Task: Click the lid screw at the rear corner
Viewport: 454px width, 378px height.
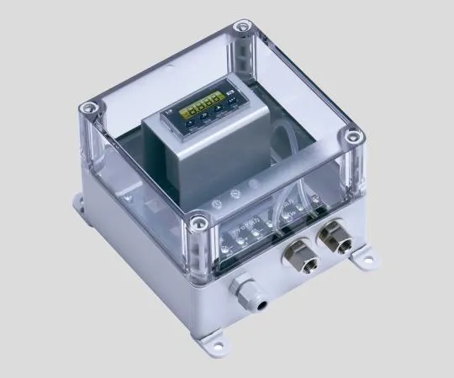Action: pyautogui.click(x=244, y=30)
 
